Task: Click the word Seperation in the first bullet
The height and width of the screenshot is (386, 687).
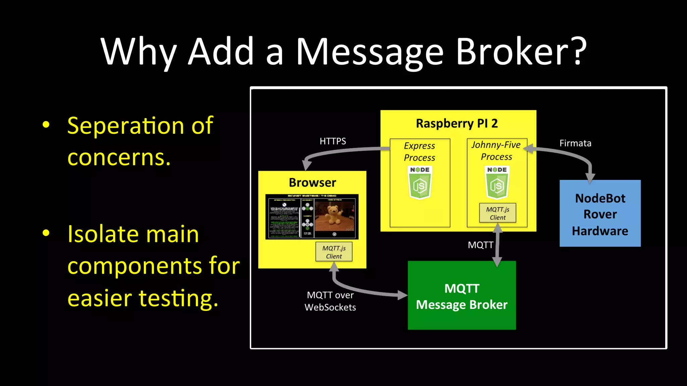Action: click(126, 126)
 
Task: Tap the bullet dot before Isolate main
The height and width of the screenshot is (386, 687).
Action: click(46, 233)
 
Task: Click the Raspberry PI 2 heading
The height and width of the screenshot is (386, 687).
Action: click(457, 123)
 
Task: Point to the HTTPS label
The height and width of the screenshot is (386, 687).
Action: click(332, 141)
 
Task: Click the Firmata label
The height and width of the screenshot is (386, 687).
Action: click(575, 143)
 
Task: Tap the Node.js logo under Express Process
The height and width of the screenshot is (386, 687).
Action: click(420, 183)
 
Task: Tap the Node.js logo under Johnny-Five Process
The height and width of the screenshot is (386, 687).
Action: click(497, 183)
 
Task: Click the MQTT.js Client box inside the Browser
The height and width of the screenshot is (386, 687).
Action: click(334, 252)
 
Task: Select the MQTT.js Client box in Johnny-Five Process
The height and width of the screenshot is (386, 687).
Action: click(497, 213)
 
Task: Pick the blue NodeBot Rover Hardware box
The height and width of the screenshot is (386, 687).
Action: click(600, 214)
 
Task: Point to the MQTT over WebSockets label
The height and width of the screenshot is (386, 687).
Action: click(330, 301)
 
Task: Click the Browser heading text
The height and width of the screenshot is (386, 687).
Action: click(312, 183)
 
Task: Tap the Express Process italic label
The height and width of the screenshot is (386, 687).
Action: click(419, 151)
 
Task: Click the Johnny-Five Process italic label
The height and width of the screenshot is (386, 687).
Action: click(496, 151)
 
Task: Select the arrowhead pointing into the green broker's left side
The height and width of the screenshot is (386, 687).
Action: click(402, 295)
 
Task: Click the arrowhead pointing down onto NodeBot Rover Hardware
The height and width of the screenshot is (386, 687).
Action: click(590, 178)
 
